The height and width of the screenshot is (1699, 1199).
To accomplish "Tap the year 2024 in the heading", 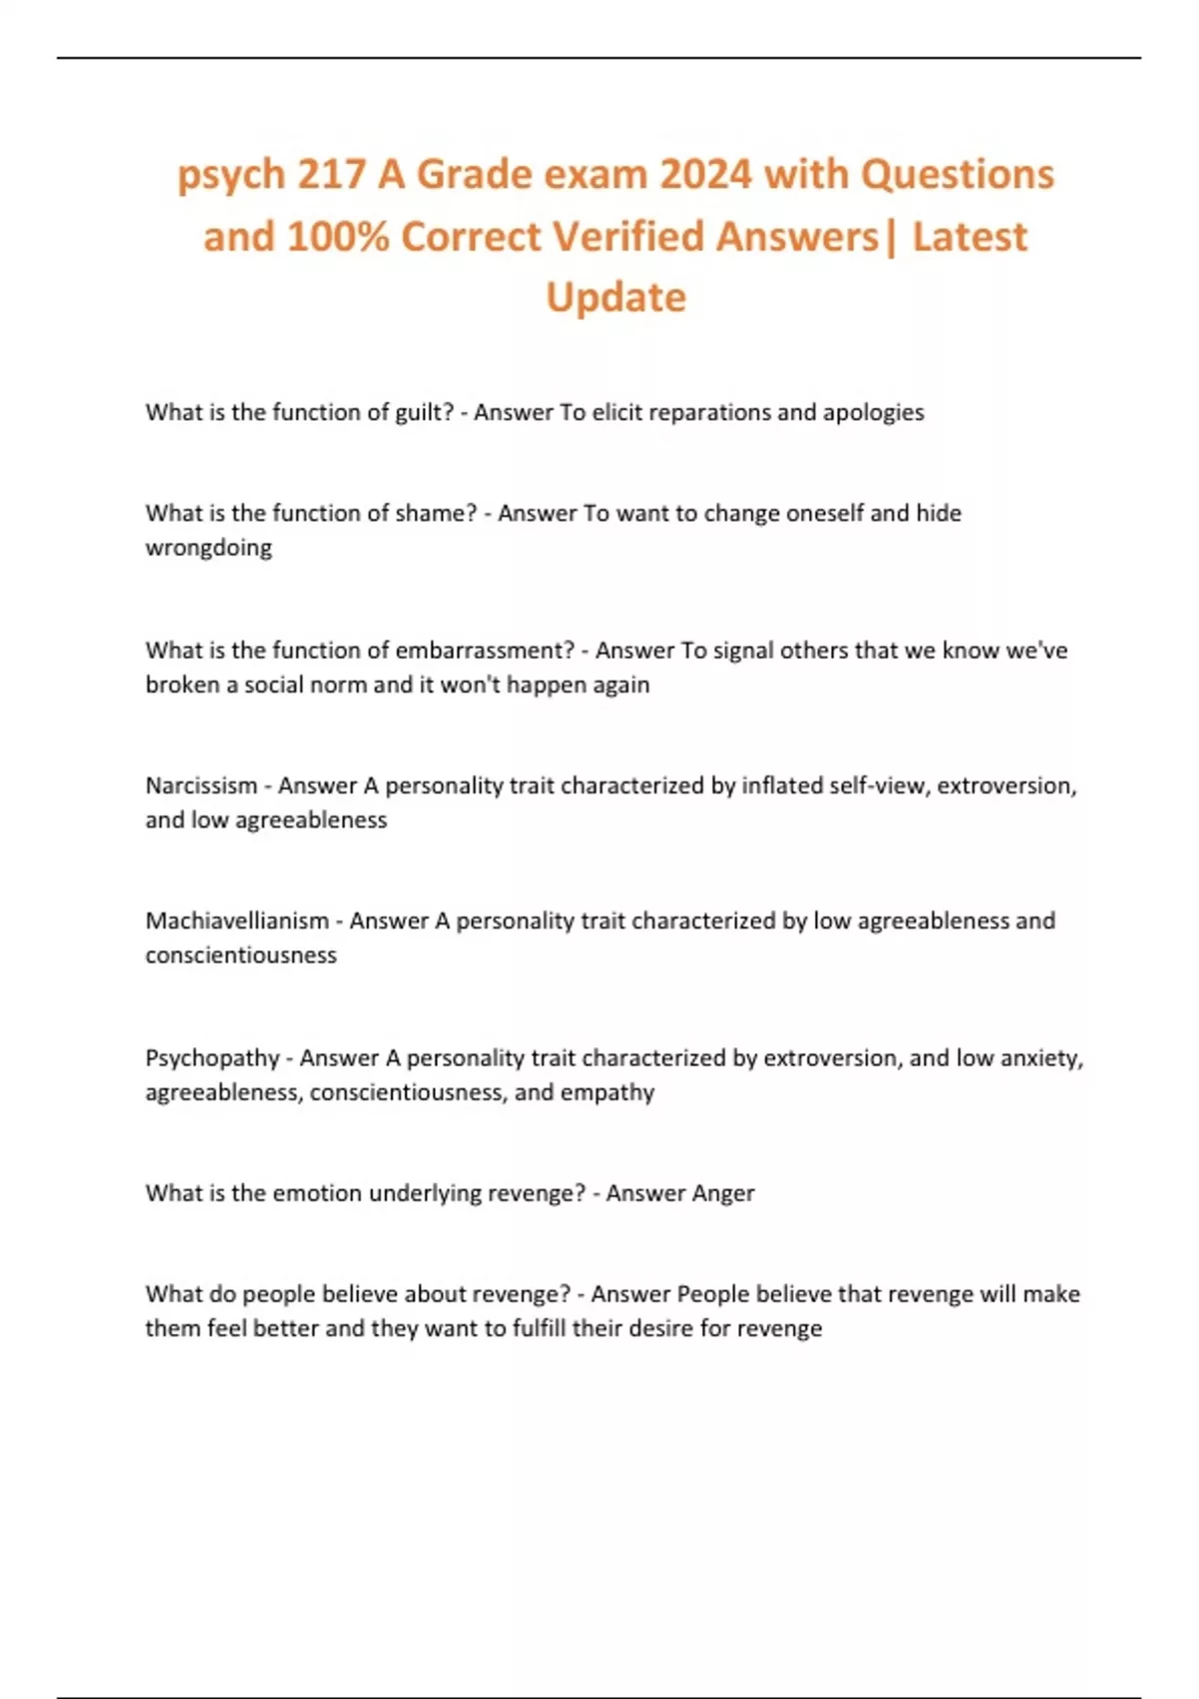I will point(705,174).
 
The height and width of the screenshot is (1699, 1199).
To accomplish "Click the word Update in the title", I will point(615,297).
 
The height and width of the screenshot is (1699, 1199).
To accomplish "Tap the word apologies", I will point(873,413).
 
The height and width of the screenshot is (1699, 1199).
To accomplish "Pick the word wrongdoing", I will point(208,548).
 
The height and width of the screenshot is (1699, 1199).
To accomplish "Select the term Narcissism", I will point(201,786).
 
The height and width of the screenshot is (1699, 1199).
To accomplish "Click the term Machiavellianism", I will point(237,920).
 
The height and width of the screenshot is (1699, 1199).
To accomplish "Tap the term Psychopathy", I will point(212,1057).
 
